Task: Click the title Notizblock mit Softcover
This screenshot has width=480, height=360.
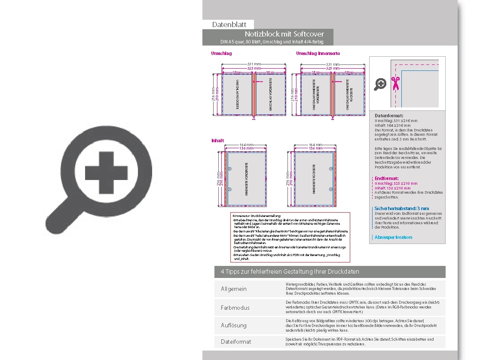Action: click(x=284, y=34)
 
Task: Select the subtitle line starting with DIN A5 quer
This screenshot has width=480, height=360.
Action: click(x=271, y=42)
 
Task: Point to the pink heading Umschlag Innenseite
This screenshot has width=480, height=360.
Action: click(x=318, y=54)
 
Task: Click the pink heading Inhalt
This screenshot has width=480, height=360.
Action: click(x=217, y=141)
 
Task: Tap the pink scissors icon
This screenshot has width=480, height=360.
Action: click(x=395, y=83)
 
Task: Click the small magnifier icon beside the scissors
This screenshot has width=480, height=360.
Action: click(x=380, y=84)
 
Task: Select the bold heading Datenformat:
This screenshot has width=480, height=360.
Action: click(x=389, y=116)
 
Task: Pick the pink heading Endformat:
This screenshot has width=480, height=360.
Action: click(x=386, y=178)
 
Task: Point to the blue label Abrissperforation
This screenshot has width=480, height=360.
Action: click(x=393, y=237)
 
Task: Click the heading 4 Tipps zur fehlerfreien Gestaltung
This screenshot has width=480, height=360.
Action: click(x=290, y=272)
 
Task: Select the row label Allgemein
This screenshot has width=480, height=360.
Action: click(x=233, y=289)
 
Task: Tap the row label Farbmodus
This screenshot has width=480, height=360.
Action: click(x=235, y=308)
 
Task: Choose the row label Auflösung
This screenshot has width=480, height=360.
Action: click(x=233, y=325)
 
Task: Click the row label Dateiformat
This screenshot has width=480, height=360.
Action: click(x=235, y=342)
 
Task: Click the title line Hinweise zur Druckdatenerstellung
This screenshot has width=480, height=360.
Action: click(x=257, y=215)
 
